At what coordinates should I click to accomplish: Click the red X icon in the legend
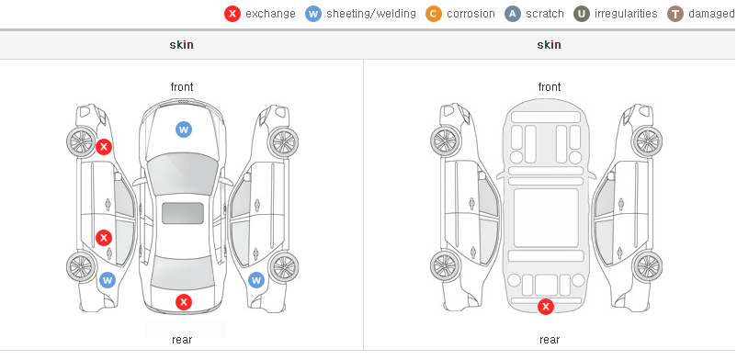[x=232, y=14]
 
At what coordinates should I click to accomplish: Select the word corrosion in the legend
[x=471, y=14]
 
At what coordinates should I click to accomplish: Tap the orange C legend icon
[x=434, y=14]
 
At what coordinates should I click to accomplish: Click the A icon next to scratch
[x=513, y=14]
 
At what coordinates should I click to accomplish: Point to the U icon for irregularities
[x=582, y=14]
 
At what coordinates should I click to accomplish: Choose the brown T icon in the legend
[x=675, y=14]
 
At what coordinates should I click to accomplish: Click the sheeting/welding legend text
[x=371, y=14]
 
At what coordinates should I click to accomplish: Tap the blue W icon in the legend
[x=313, y=14]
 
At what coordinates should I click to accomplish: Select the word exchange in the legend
[x=270, y=14]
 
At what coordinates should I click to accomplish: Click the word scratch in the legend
[x=545, y=14]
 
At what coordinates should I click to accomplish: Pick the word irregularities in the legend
[x=626, y=14]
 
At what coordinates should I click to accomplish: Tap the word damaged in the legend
[x=711, y=14]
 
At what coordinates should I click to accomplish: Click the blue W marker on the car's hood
[x=184, y=129]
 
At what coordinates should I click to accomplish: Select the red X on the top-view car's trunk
[x=184, y=302]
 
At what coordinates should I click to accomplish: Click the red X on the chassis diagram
[x=546, y=307]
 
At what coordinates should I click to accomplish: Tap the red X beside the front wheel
[x=104, y=147]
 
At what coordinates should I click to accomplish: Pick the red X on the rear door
[x=104, y=237]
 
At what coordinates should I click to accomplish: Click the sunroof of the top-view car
[x=183, y=213]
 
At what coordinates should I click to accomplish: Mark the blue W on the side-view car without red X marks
[x=256, y=281]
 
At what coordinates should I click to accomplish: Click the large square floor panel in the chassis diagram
[x=546, y=218]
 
